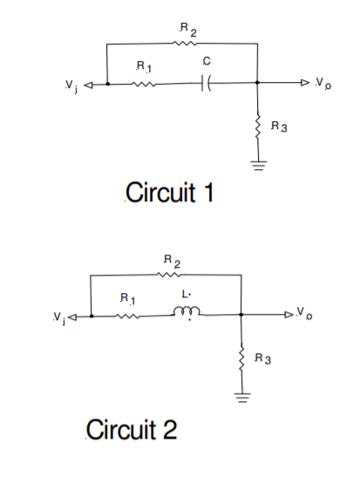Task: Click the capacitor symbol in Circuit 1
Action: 206,85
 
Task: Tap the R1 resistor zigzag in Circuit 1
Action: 145,85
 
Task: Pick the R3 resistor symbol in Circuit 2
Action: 241,360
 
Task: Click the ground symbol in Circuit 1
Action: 258,165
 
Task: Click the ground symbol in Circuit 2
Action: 241,399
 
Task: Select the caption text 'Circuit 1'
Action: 170,192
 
